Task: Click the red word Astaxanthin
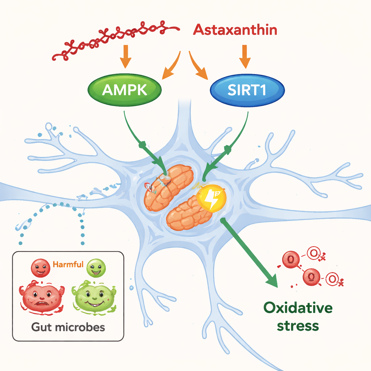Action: pos(235,29)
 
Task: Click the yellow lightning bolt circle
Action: pos(211,198)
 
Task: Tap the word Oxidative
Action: pos(298,308)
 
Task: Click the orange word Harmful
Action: pos(68,264)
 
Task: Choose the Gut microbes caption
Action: pos(68,327)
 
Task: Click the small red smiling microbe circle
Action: pos(40,268)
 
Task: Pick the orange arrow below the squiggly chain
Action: pos(126,56)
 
